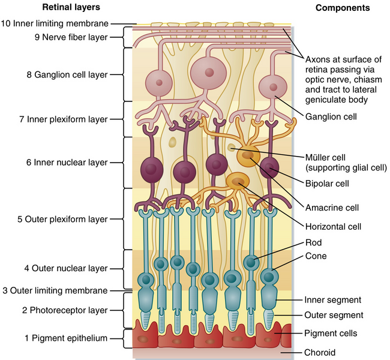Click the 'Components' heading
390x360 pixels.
coord(342,8)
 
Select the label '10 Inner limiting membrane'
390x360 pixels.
coord(55,24)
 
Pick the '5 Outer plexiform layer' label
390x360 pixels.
coord(62,219)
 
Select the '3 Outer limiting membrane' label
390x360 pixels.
coord(55,291)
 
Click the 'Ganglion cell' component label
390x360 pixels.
coord(331,118)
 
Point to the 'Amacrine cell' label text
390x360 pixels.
coord(331,208)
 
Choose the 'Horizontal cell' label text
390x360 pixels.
coord(334,227)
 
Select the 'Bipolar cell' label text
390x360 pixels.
coord(328,184)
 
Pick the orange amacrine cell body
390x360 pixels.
coord(248,158)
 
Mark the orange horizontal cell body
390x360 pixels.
coord(238,181)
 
